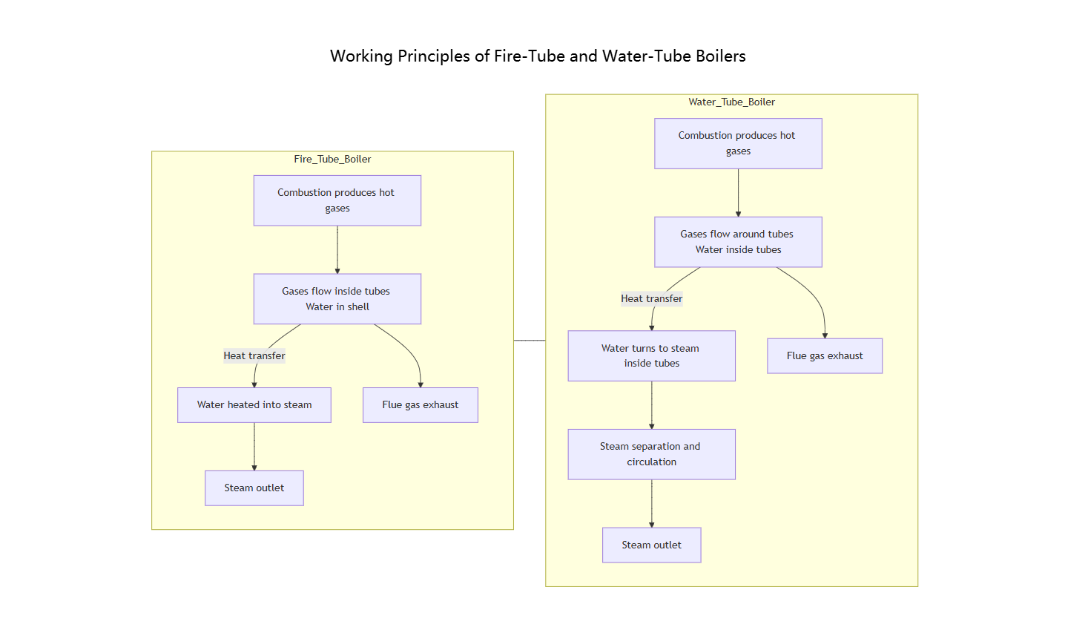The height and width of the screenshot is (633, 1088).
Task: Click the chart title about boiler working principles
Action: (538, 56)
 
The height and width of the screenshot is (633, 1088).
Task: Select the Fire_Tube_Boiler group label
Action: (332, 159)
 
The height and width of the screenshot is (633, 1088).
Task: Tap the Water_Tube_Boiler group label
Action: (731, 102)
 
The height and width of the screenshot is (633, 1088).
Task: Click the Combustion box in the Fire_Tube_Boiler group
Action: (337, 200)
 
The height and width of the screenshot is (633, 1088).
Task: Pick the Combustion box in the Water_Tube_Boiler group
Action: (738, 143)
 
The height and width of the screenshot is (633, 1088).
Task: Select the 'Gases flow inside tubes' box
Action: (337, 299)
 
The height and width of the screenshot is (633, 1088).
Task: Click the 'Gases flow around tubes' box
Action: (738, 242)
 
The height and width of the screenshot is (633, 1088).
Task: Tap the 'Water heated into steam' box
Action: (254, 405)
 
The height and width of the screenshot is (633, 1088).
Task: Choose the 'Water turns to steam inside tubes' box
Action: (651, 355)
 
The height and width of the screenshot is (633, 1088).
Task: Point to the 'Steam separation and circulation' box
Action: (651, 454)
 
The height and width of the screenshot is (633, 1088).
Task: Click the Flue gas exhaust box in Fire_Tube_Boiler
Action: (420, 405)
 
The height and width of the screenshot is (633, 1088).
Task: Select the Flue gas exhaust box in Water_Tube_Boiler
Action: (825, 356)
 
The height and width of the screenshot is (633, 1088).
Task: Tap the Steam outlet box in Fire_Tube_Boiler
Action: (254, 488)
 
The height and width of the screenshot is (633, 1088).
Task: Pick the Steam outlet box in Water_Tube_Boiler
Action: (651, 545)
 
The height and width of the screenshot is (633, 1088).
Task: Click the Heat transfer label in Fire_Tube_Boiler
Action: (254, 356)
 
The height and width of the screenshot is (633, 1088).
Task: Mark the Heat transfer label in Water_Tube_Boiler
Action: (651, 299)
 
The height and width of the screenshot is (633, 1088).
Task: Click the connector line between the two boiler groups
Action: (530, 341)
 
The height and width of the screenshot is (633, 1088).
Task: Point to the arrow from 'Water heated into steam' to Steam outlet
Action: (254, 446)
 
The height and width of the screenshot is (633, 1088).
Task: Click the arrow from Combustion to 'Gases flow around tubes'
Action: (738, 192)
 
